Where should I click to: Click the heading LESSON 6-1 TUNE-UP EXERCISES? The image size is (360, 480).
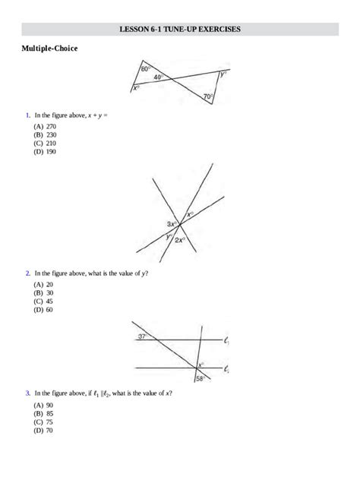(x=180, y=29)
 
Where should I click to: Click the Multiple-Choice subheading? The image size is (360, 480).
(x=49, y=48)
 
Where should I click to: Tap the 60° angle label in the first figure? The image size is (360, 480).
(x=145, y=69)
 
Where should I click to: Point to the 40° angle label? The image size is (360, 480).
(x=158, y=77)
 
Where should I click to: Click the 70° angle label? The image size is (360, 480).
(x=207, y=96)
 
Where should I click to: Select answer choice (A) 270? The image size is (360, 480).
(x=44, y=126)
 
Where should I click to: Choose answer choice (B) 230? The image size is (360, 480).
(x=44, y=134)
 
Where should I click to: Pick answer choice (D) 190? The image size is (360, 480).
(x=44, y=151)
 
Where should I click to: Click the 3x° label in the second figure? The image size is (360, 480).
(x=172, y=224)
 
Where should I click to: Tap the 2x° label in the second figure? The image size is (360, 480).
(x=180, y=240)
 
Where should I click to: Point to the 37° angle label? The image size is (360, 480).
(x=142, y=335)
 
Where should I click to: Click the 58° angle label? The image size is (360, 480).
(x=200, y=378)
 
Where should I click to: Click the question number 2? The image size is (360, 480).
(x=27, y=272)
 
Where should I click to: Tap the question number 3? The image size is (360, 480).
(x=27, y=393)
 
